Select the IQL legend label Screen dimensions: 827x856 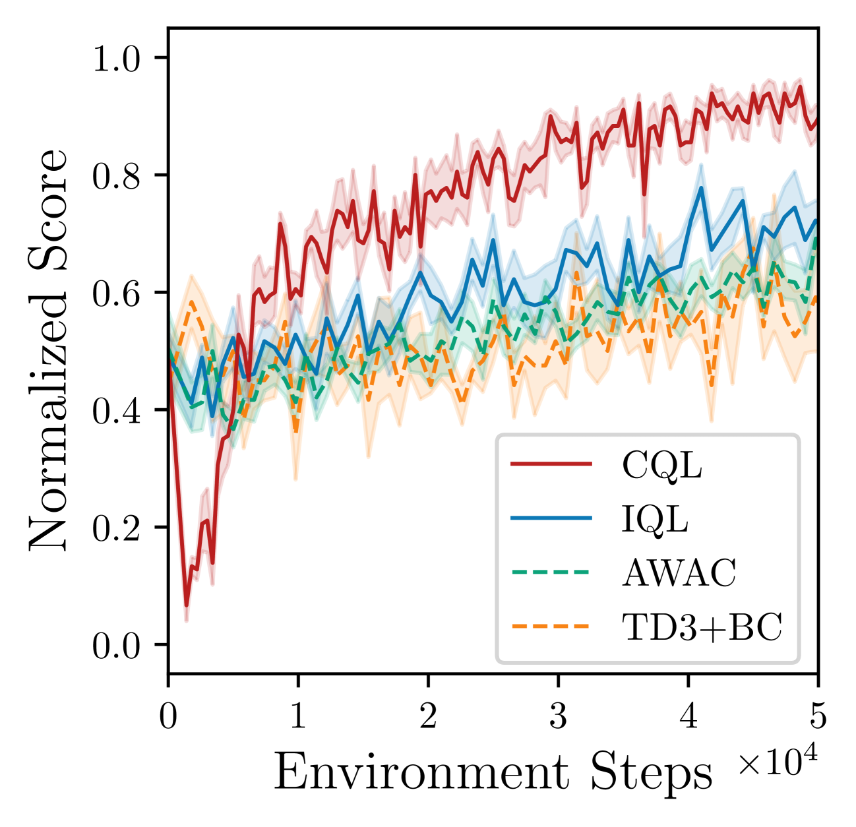(x=655, y=520)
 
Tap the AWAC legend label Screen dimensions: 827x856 (x=679, y=574)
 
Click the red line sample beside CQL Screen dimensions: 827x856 (x=551, y=465)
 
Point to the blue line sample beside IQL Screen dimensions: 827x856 (x=551, y=519)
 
